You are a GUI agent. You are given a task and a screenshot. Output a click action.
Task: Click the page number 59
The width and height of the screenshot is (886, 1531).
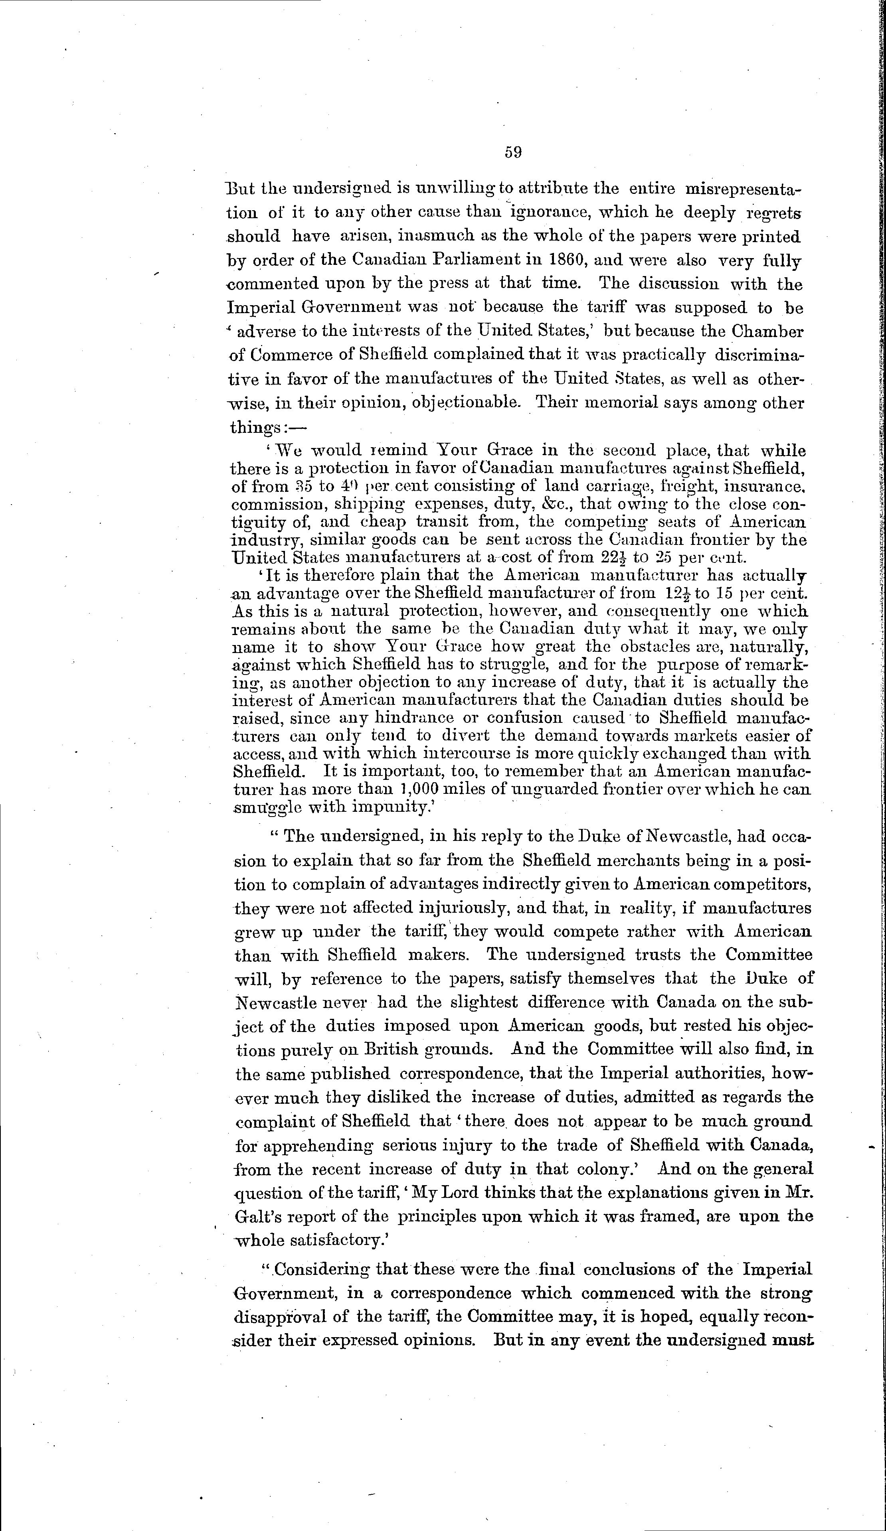513,152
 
